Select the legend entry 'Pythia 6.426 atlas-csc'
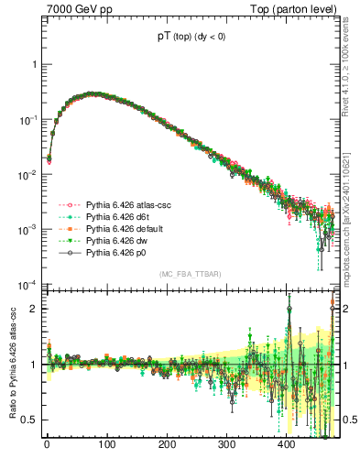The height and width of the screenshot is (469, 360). tap(129, 203)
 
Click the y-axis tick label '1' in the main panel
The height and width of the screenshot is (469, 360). tap(34, 65)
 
